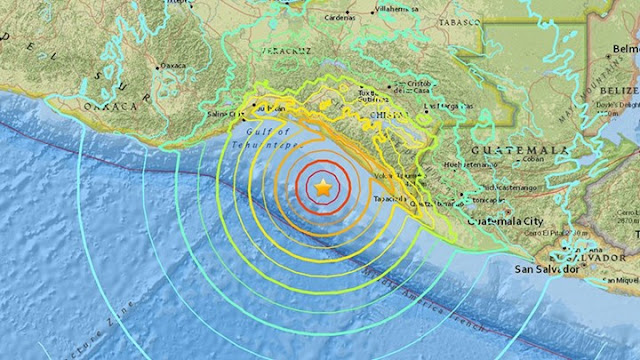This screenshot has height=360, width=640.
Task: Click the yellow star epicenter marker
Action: pyautogui.click(x=322, y=187)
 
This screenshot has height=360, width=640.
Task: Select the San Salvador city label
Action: pyautogui.click(x=546, y=269)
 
